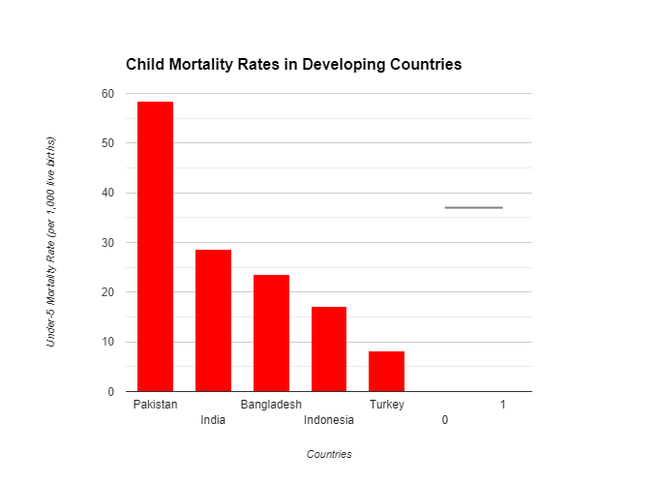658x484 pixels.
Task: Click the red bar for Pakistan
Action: pos(155,246)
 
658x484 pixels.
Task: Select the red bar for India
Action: pos(213,320)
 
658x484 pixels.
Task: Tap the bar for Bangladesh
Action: pos(271,333)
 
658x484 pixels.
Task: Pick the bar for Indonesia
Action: pos(329,348)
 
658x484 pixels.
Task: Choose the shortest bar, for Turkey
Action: pos(386,371)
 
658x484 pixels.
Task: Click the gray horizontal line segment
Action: pos(473,207)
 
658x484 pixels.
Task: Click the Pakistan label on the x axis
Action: pos(155,405)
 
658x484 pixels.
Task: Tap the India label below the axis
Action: pos(213,420)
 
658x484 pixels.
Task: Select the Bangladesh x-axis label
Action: pos(271,405)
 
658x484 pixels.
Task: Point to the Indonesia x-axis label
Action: pos(329,420)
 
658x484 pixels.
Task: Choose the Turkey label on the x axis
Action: pos(386,405)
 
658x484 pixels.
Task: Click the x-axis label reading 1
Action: pos(503,405)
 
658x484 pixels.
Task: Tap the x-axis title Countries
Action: pos(329,454)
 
